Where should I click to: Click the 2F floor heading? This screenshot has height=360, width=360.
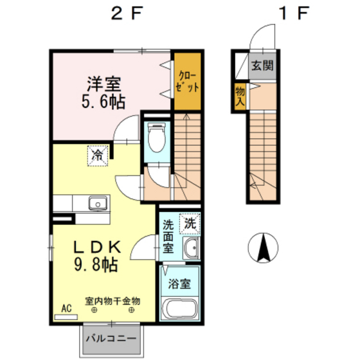[127, 13]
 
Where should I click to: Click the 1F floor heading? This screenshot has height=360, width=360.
[294, 13]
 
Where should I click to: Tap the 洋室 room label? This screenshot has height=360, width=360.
[104, 84]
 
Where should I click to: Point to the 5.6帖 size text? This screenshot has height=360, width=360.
[104, 102]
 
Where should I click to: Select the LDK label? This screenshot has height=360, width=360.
[97, 247]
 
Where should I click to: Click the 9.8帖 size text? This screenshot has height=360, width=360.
[96, 264]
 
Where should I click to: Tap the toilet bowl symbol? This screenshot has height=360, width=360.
[157, 138]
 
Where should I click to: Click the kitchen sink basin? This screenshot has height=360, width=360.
[98, 203]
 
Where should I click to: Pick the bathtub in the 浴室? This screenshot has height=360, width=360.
[179, 309]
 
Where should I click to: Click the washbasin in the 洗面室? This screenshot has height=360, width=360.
[191, 249]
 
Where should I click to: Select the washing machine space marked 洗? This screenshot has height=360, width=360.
[190, 224]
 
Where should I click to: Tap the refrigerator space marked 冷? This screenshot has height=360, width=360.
[98, 156]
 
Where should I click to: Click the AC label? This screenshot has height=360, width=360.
[66, 308]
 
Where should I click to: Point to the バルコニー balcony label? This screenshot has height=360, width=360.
[111, 338]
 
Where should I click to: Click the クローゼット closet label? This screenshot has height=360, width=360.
[187, 82]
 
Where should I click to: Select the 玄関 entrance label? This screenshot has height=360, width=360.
[262, 66]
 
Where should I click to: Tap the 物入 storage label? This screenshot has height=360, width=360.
[240, 96]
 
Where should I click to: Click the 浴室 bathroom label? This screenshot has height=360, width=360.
[179, 283]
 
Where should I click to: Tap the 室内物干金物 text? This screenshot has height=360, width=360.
[113, 301]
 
